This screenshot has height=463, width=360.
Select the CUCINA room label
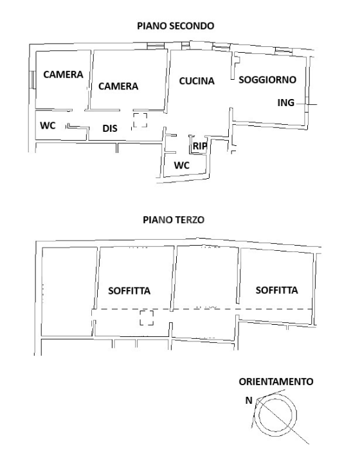pos(196,80)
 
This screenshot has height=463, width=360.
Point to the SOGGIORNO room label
pos(267,80)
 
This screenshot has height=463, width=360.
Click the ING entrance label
pos(285,103)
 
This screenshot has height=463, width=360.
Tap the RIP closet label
pos(199,147)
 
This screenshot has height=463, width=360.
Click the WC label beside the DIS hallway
pos(48,125)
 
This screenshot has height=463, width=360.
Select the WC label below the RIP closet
pos(182,165)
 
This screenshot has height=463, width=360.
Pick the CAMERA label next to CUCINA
pos(118,86)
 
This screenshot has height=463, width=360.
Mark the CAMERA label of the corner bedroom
pos(63,75)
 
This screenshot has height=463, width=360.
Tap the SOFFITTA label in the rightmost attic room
pos(276,290)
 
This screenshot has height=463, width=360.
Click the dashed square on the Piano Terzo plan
pos(147,318)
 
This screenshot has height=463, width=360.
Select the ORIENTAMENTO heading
pos(276,381)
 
